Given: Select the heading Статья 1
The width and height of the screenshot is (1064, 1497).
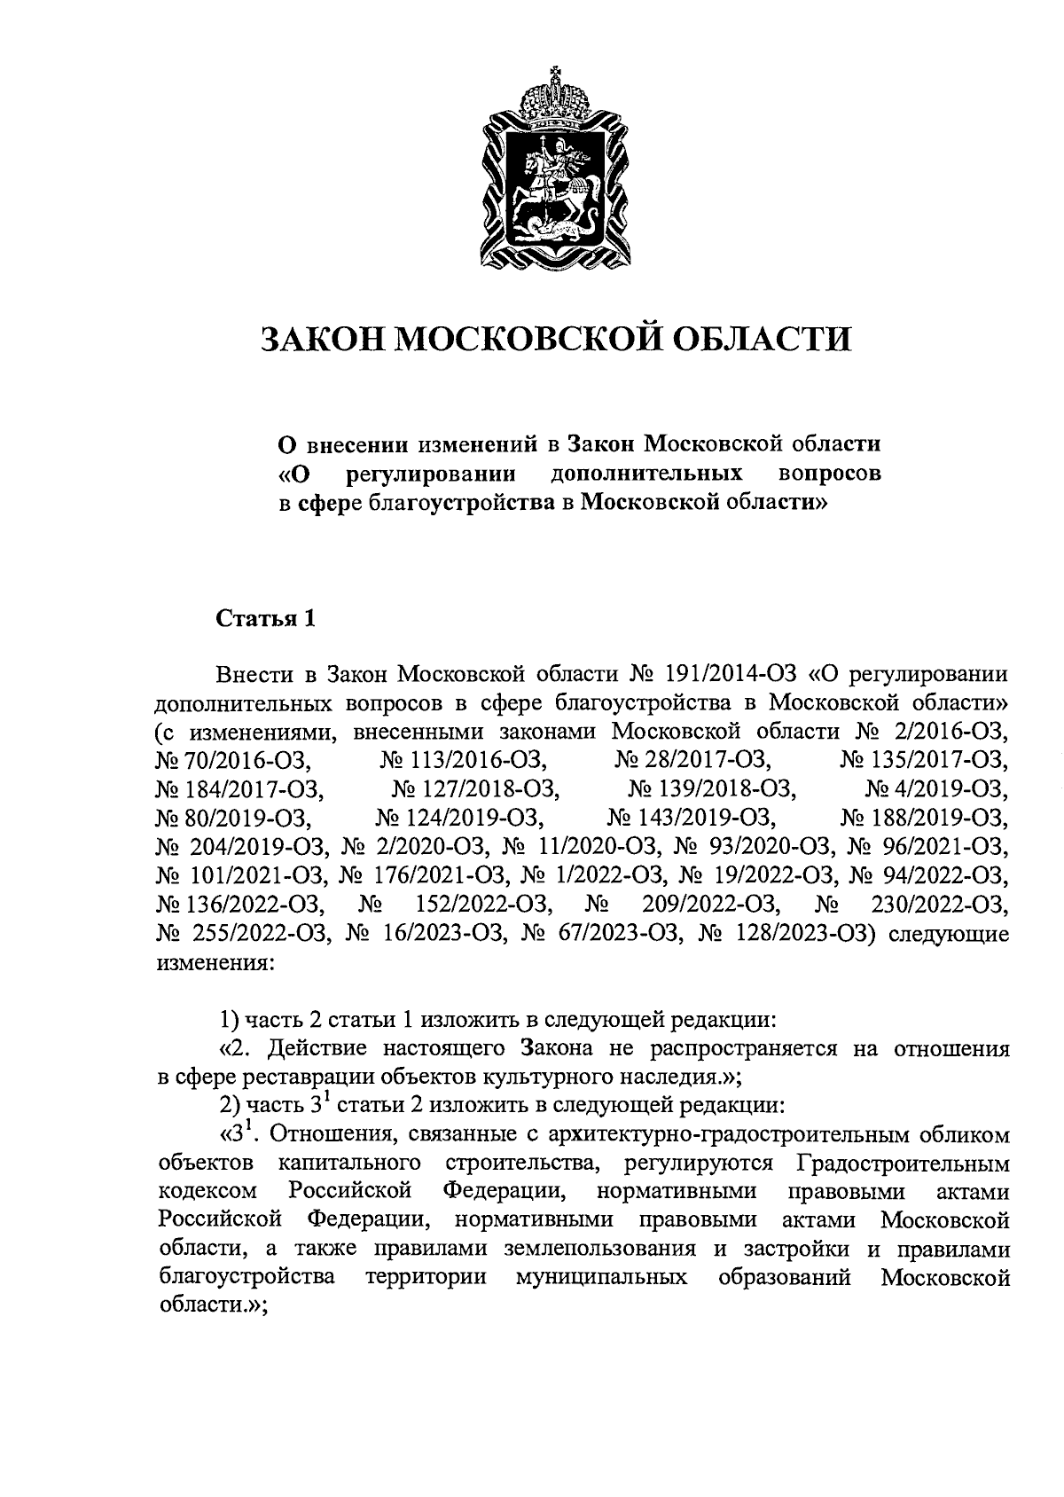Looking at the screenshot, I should [266, 618].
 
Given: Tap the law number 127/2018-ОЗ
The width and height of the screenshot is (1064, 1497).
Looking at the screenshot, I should [487, 788].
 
